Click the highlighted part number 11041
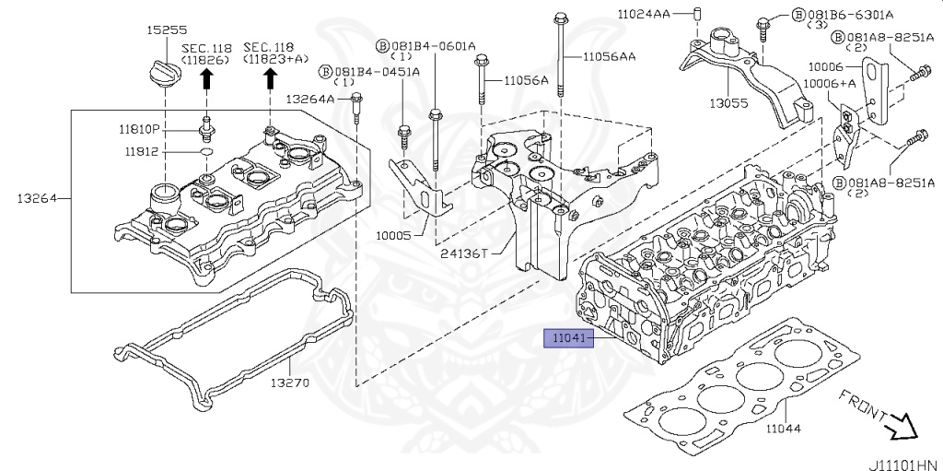pyautogui.click(x=569, y=339)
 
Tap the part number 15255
pyautogui.click(x=167, y=30)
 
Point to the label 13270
pyautogui.click(x=289, y=383)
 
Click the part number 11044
pyautogui.click(x=783, y=429)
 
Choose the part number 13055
pyautogui.click(x=728, y=103)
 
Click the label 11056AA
pyautogui.click(x=609, y=57)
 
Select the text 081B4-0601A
pyautogui.click(x=434, y=46)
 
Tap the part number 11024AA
pyautogui.click(x=644, y=14)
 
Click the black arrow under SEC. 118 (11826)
pyautogui.click(x=206, y=79)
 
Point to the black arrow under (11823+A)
pyautogui.click(x=270, y=79)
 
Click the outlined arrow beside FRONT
pyautogui.click(x=902, y=427)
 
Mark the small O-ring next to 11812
pyautogui.click(x=206, y=151)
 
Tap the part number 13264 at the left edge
pyautogui.click(x=37, y=198)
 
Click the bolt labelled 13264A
pyautogui.click(x=356, y=109)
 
